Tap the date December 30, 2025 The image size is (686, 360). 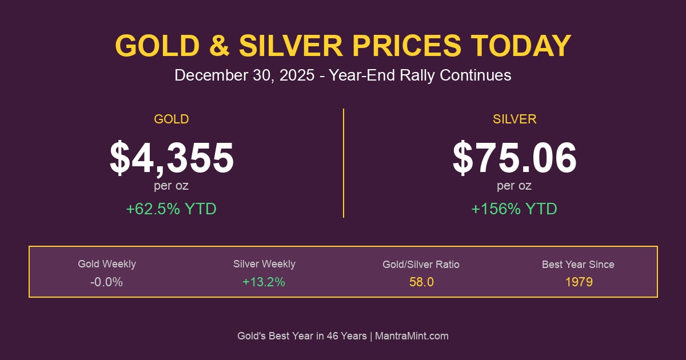[x=244, y=75]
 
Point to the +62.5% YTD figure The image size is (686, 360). [x=171, y=209]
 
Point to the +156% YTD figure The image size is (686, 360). [x=514, y=209]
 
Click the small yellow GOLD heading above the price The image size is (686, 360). [x=171, y=119]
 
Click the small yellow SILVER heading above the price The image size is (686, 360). [x=514, y=119]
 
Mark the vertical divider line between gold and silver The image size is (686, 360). [x=343, y=163]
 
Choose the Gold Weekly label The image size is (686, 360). [x=107, y=264]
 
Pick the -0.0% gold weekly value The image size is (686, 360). [x=107, y=282]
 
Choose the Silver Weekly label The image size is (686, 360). [x=264, y=264]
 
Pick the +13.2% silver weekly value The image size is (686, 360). [x=264, y=282]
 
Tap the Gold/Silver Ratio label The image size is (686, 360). [x=421, y=265]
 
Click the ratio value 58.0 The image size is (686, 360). [x=421, y=282]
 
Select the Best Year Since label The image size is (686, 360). [x=578, y=265]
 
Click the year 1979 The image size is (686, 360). [x=578, y=282]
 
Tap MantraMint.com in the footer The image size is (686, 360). [x=412, y=336]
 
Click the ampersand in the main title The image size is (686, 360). [x=218, y=46]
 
